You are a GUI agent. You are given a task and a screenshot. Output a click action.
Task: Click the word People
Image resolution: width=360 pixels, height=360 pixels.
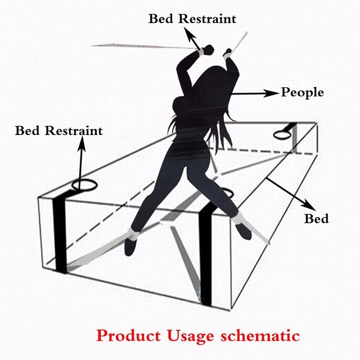(303, 92)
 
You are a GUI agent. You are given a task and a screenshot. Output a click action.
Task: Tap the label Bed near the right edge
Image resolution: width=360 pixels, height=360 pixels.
(316, 218)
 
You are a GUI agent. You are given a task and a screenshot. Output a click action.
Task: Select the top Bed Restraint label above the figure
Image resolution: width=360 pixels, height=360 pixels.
(192, 19)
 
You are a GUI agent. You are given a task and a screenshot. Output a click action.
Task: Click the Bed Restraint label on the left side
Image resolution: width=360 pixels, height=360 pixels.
(59, 131)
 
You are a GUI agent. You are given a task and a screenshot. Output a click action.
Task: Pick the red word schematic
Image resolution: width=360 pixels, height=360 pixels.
(261, 336)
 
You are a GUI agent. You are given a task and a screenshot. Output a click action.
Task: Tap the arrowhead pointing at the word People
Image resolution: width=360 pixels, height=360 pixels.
(275, 92)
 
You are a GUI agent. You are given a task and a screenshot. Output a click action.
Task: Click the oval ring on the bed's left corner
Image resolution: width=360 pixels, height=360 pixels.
(84, 185)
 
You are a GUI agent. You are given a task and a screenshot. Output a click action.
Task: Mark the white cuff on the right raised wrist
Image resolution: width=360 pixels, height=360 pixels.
(227, 53)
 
